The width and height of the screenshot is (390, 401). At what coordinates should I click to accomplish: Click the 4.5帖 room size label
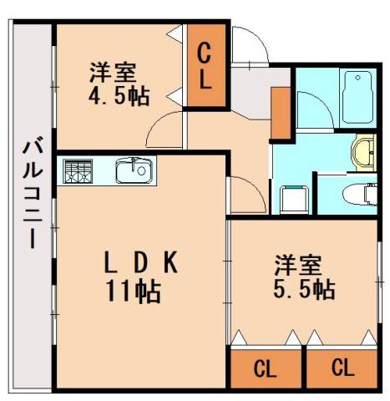(119, 96)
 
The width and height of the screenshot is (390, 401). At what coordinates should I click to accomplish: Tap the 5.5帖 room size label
(306, 289)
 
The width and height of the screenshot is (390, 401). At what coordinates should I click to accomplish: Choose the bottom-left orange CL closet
(265, 367)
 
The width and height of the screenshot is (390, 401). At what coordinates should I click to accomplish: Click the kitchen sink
(134, 171)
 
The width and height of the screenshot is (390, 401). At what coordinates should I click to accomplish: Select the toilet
(359, 194)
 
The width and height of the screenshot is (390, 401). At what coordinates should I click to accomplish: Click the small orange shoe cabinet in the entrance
(280, 109)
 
